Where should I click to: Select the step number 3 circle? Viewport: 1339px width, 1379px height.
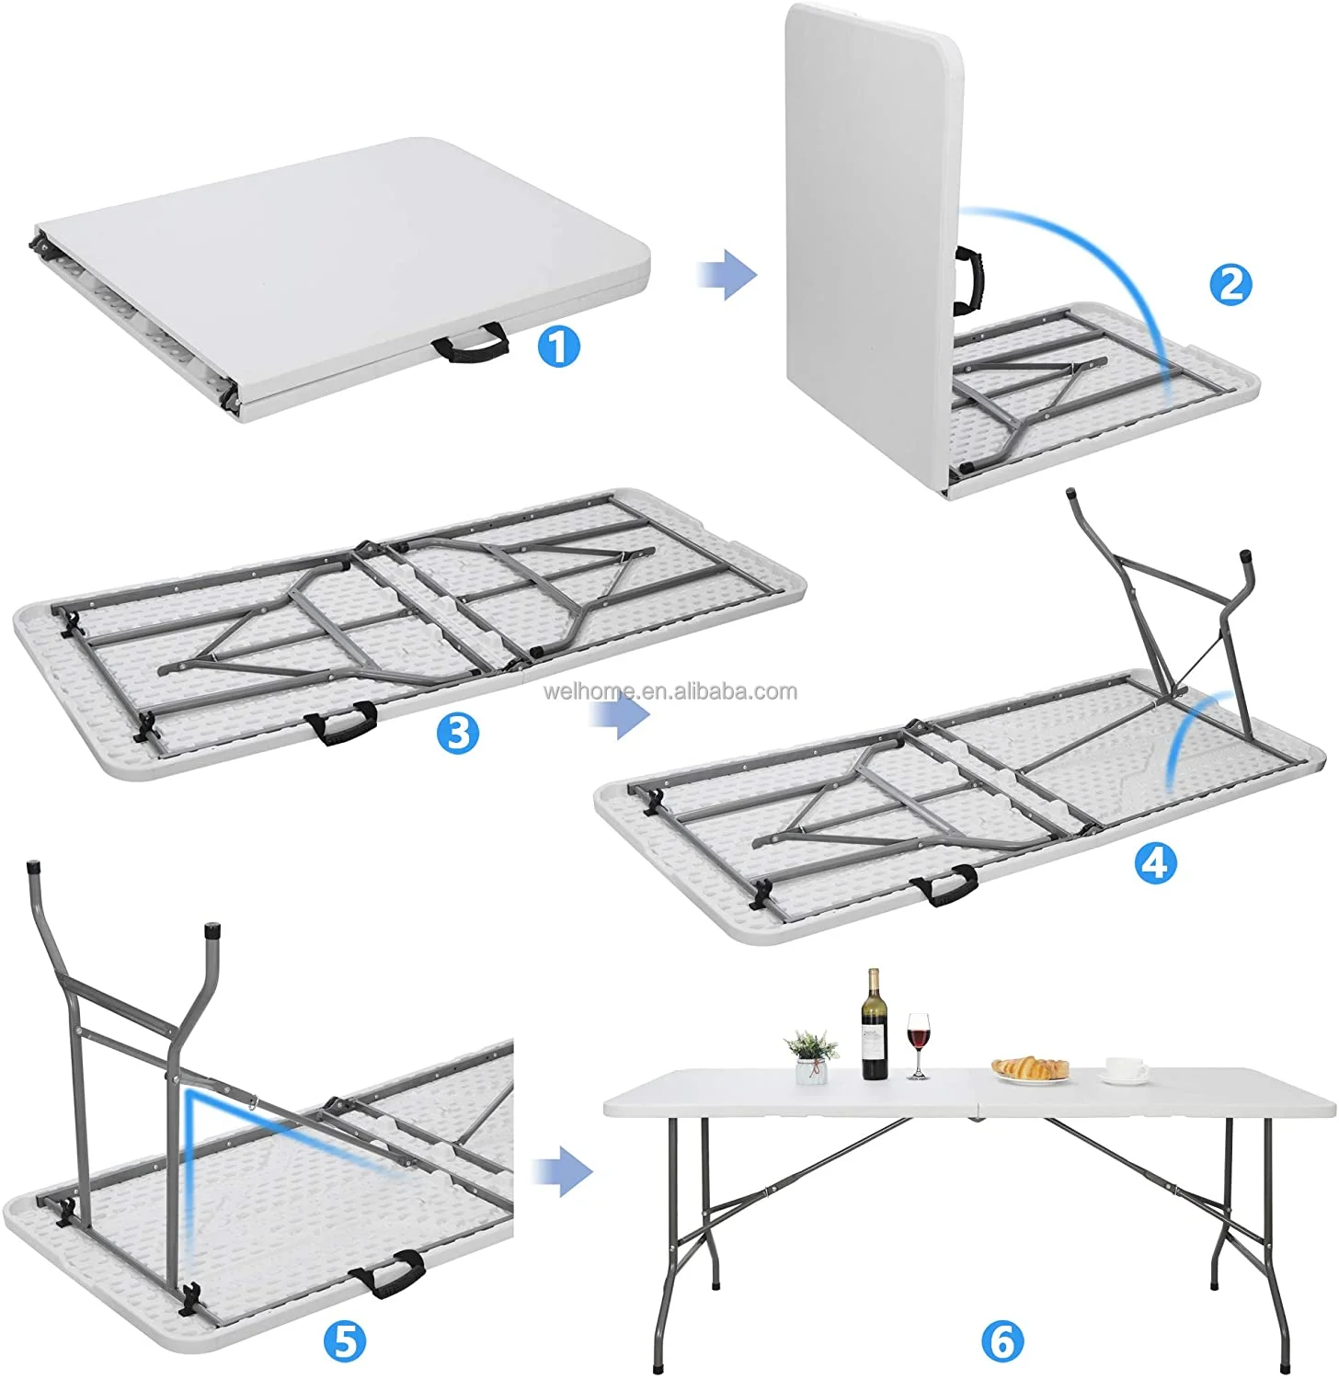(458, 733)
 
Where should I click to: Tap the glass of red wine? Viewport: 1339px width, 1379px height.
(918, 1043)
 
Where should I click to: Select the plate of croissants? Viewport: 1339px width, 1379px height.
(1030, 1069)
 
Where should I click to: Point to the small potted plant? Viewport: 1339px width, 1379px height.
(810, 1055)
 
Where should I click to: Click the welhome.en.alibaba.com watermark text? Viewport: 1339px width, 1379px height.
(670, 691)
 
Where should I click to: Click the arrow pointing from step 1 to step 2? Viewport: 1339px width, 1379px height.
(726, 274)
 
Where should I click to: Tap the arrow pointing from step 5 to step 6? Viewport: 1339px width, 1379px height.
(564, 1170)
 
